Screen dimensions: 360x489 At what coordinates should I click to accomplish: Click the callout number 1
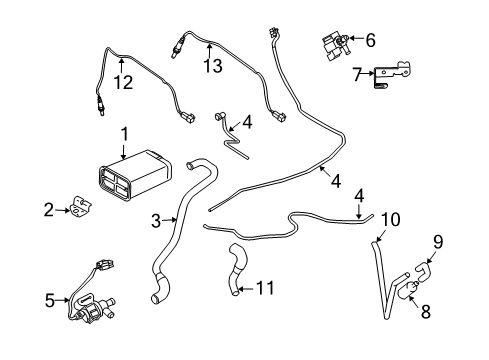(x=124, y=134)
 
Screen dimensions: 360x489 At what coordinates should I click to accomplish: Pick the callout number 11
(x=265, y=289)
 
